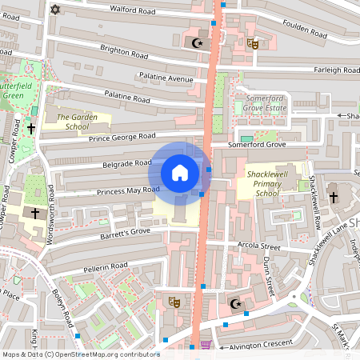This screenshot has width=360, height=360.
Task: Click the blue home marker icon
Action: (180, 173)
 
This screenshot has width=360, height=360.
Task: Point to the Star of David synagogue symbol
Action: (55, 10)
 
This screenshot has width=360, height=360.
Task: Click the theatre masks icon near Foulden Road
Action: (252, 44)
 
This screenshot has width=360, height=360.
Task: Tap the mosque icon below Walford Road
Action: (197, 42)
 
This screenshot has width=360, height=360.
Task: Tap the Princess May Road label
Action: (129, 190)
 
